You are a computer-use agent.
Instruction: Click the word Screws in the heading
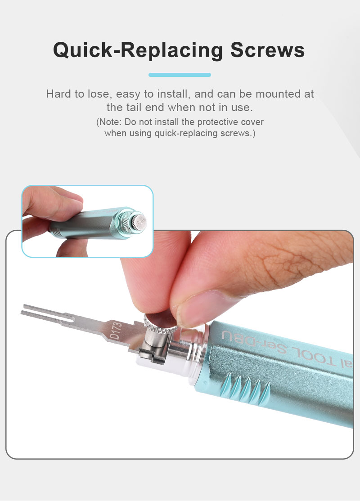[x=268, y=50]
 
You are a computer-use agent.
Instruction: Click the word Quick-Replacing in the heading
[x=138, y=51]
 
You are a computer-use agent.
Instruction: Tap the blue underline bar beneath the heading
[x=180, y=75]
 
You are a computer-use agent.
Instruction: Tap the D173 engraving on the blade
[x=116, y=331]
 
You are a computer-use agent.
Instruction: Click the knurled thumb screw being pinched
[x=160, y=324]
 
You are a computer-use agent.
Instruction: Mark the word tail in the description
[x=134, y=107]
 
